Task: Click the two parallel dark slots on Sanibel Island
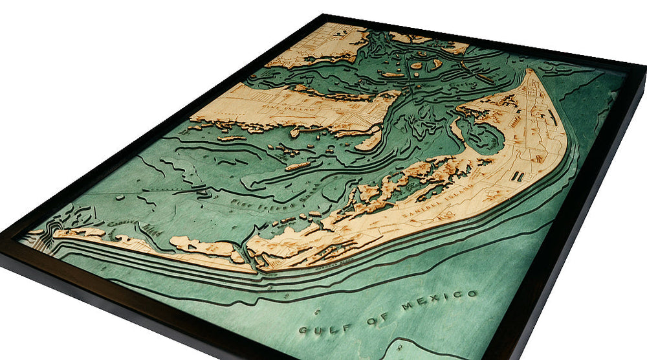tap(518, 175)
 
